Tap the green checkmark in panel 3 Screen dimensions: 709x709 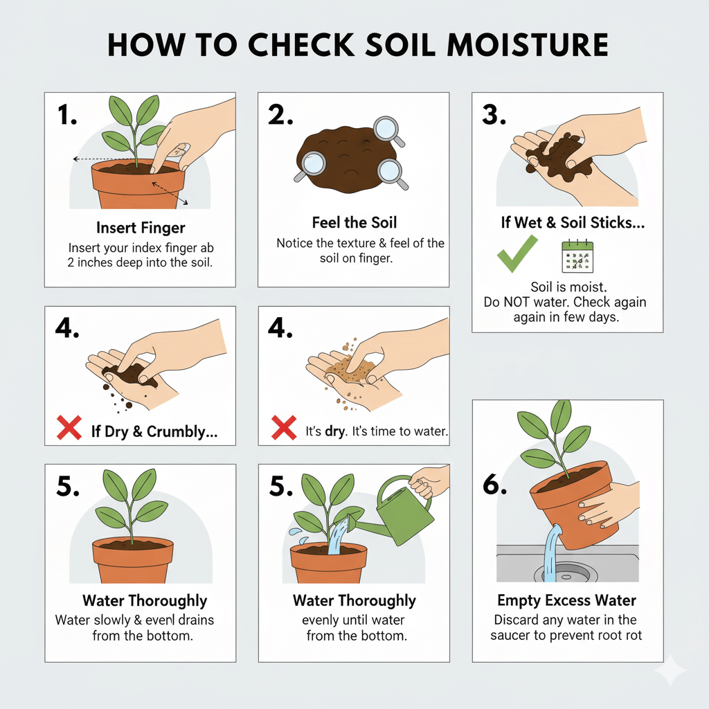517,253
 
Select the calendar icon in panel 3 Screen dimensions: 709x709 578,255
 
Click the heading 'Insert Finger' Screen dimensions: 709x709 141,228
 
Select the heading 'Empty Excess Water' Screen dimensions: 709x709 567,600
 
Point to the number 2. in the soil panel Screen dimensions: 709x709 280,116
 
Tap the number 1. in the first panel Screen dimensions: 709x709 67,116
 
